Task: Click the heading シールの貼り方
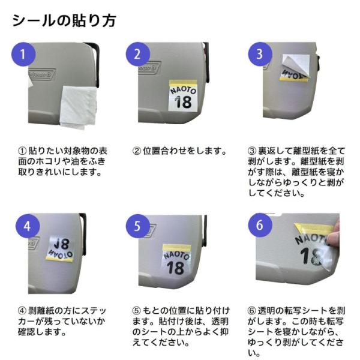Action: pyautogui.click(x=64, y=20)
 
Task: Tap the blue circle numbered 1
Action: pyautogui.click(x=23, y=54)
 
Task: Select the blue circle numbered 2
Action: pyautogui.click(x=137, y=54)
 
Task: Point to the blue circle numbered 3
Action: pyautogui.click(x=260, y=54)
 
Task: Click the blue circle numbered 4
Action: pyautogui.click(x=28, y=226)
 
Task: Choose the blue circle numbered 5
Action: pyautogui.click(x=137, y=226)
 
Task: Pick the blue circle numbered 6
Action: pyautogui.click(x=260, y=225)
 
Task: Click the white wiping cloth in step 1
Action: pyautogui.click(x=79, y=107)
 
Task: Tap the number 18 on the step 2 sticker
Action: pyautogui.click(x=183, y=102)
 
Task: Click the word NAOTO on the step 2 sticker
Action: pyautogui.click(x=183, y=90)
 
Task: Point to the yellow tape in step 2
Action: pyautogui.click(x=183, y=83)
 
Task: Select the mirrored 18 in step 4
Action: pyautogui.click(x=62, y=244)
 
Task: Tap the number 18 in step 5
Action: pyautogui.click(x=176, y=268)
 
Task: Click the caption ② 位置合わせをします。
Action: pyautogui.click(x=179, y=151)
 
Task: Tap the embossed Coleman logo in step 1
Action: pyautogui.click(x=42, y=74)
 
